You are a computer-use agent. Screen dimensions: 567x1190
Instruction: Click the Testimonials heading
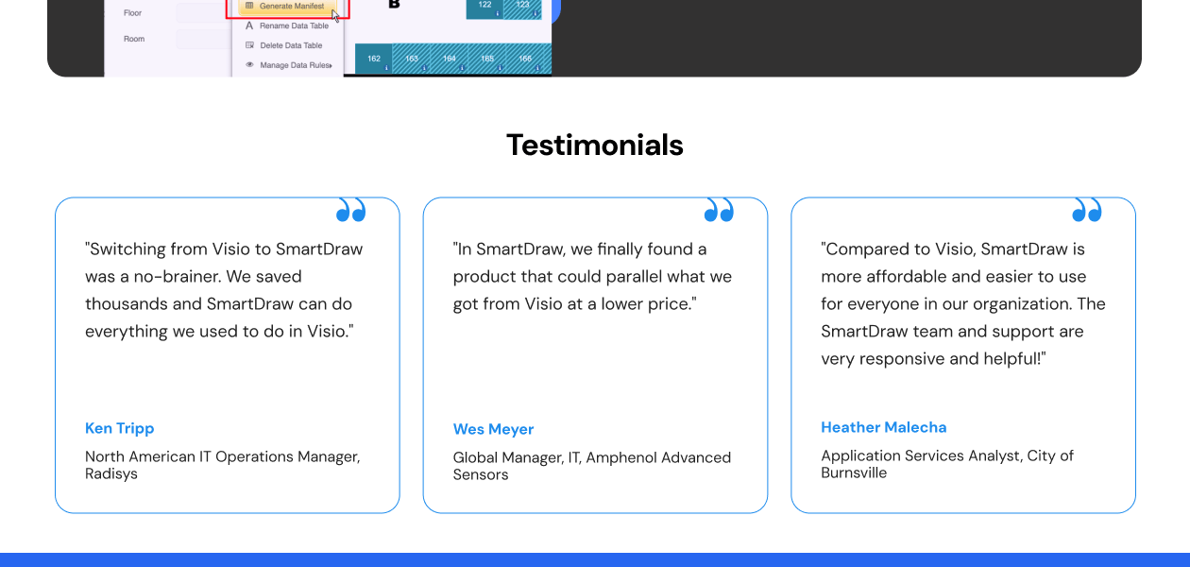tap(594, 145)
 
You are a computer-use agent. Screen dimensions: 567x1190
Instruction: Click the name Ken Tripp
tap(119, 428)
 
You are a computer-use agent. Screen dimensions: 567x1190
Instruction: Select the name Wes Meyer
tap(493, 429)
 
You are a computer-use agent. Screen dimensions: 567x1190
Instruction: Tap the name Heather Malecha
tap(883, 427)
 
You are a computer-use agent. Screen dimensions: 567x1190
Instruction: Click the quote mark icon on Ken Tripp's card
tap(350, 210)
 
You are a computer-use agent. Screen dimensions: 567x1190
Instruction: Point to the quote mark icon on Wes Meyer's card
tap(719, 210)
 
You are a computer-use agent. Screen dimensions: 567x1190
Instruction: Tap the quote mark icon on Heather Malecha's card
tap(1087, 210)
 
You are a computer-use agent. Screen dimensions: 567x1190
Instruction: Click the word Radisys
tap(111, 473)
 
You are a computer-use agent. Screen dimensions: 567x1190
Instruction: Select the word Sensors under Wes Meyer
tap(481, 474)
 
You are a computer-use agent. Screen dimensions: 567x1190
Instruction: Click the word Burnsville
tap(854, 472)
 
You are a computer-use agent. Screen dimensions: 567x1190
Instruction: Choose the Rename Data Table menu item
tap(294, 26)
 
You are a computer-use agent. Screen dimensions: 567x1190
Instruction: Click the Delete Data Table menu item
tap(291, 45)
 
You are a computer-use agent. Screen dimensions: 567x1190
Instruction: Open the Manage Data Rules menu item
tap(295, 65)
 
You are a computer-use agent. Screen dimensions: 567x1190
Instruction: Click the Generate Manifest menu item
tap(291, 6)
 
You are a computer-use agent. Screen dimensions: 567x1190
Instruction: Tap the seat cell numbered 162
tap(374, 59)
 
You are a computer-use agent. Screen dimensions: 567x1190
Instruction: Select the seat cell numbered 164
tap(450, 59)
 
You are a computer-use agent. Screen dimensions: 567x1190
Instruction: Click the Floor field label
tap(132, 13)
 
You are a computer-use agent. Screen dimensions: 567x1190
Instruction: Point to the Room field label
tap(134, 39)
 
